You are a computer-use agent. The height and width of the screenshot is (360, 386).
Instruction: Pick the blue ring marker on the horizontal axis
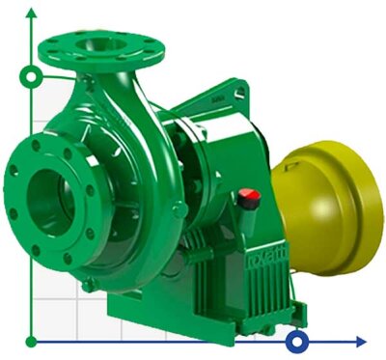[x=298, y=341]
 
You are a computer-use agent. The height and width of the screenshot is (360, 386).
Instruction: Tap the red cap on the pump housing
[x=250, y=196]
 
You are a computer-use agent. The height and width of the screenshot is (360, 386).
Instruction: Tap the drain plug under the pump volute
[x=87, y=284]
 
